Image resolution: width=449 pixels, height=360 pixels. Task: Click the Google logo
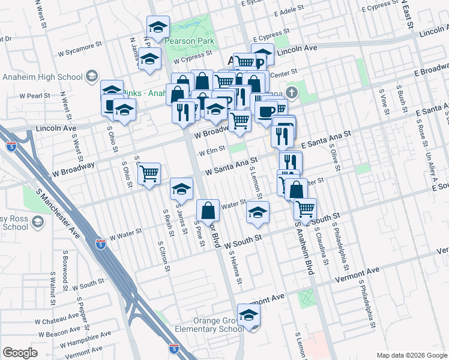click(20, 353)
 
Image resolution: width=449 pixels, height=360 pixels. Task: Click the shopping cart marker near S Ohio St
click(149, 174)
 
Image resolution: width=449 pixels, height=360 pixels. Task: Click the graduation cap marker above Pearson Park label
click(158, 26)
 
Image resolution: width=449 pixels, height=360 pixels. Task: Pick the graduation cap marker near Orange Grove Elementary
click(249, 315)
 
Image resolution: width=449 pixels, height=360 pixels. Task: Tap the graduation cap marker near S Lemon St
click(258, 213)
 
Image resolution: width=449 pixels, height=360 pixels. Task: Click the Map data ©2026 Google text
click(411, 355)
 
